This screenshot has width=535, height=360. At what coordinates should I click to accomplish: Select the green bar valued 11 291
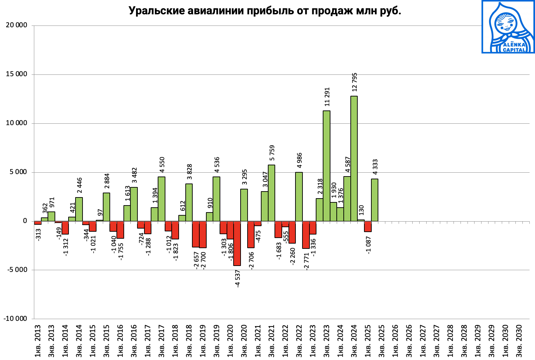pyautogui.click(x=326, y=166)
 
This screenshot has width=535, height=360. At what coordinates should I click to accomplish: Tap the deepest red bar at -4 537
pyautogui.click(x=237, y=243)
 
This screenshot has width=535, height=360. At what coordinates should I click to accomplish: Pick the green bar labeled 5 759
pyautogui.click(x=271, y=193)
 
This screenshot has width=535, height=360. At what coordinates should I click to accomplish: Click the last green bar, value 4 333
pyautogui.click(x=374, y=200)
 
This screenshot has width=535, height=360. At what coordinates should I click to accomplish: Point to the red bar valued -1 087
pyautogui.click(x=368, y=226)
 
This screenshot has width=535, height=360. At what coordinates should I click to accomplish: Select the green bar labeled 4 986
pyautogui.click(x=299, y=197)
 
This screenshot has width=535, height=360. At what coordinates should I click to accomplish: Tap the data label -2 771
pyautogui.click(x=307, y=261)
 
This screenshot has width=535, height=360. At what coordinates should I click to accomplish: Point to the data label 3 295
pyautogui.click(x=245, y=177)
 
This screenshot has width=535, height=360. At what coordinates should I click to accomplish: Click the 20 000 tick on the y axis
pyautogui.click(x=17, y=26)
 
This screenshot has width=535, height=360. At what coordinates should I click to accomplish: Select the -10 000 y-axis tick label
pyautogui.click(x=15, y=319)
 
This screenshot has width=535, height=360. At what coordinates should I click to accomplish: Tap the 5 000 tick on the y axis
pyautogui.click(x=18, y=172)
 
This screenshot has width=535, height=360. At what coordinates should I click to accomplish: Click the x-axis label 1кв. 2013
pyautogui.click(x=38, y=341)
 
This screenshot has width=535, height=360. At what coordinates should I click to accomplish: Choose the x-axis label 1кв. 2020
pyautogui.click(x=230, y=341)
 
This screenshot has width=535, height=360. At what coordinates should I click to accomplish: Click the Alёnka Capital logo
pyautogui.click(x=508, y=27)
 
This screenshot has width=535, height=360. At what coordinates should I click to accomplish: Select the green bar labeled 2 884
pyautogui.click(x=106, y=207)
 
